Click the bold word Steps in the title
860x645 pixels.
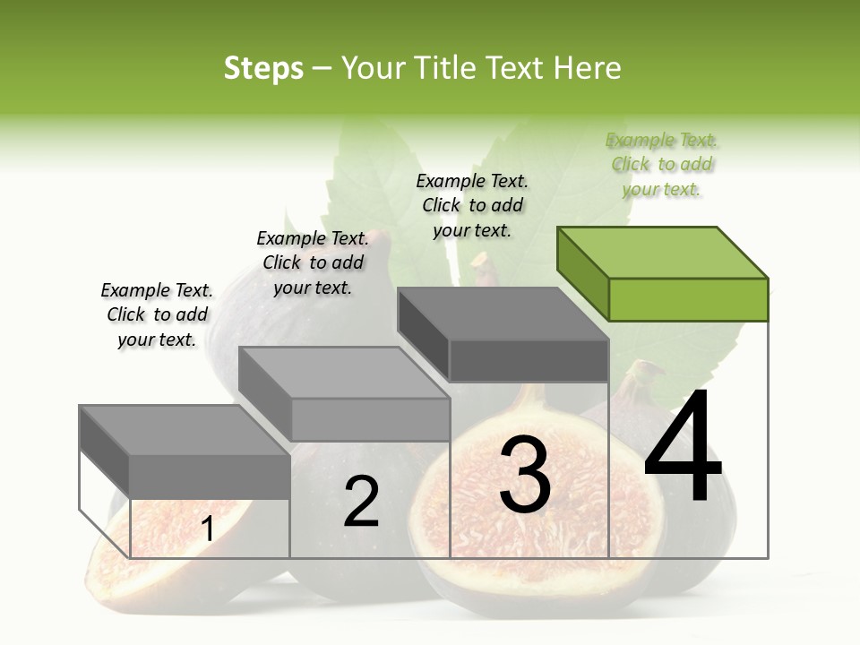[263, 68]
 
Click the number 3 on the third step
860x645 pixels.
[525, 475]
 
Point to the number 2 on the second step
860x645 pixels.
[361, 502]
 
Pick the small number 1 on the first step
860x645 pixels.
[208, 529]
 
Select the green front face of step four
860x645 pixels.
[688, 299]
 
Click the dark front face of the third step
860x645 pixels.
[529, 360]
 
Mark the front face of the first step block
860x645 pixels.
[210, 476]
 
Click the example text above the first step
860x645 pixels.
[157, 314]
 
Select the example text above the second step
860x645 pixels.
[313, 262]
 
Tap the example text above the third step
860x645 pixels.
[472, 205]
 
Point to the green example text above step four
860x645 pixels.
[661, 164]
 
